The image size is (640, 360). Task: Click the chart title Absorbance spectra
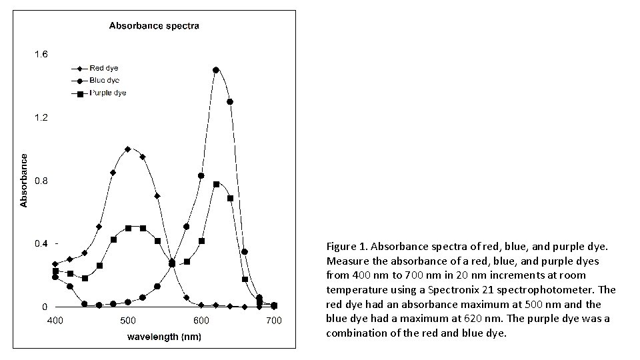(154, 26)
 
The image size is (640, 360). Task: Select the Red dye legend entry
(104, 68)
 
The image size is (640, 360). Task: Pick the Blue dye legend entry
(104, 80)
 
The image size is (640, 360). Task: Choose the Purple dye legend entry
(108, 93)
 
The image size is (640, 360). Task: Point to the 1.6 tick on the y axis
(41, 55)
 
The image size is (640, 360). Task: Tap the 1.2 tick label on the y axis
(41, 118)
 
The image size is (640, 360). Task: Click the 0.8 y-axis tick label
(41, 181)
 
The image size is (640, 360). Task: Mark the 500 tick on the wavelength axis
(128, 321)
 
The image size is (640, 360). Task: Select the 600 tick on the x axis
(201, 321)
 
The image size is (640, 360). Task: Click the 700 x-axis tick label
(274, 321)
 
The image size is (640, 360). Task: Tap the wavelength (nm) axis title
(164, 336)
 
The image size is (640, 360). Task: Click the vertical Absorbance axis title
(25, 180)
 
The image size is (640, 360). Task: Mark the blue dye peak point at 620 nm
(216, 69)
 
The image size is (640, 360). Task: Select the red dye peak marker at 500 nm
(128, 149)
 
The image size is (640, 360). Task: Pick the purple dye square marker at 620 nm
(216, 184)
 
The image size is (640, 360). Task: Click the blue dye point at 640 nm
(230, 101)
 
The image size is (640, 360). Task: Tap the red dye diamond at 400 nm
(55, 264)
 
